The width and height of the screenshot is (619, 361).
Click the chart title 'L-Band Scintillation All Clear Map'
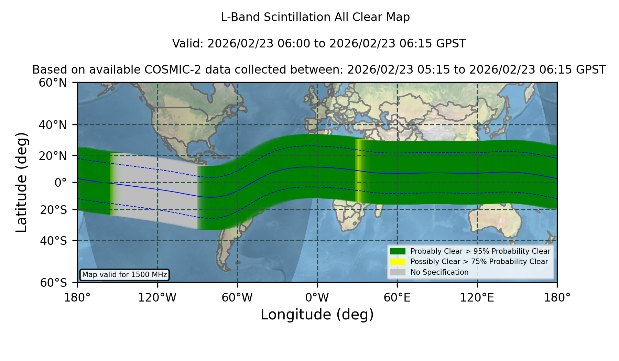coord(315,17)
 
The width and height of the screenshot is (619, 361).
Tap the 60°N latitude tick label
coord(53,83)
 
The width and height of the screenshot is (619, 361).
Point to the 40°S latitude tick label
coord(53,241)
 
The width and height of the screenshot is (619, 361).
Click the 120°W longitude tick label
coord(157,297)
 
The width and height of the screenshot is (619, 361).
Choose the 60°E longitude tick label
coord(397,297)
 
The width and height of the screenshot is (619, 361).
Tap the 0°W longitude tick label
coord(317,297)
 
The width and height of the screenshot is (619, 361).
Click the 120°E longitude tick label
coord(477,297)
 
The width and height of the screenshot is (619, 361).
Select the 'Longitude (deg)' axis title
coord(317,315)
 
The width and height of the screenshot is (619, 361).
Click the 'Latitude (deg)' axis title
coord(21,182)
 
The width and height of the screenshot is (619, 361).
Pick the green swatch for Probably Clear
coord(398,251)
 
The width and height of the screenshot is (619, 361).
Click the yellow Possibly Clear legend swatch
coord(398,262)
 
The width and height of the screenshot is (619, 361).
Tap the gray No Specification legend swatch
coord(398,272)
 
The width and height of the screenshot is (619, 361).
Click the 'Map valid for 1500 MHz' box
coord(124,275)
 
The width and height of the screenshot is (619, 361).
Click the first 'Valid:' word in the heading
coord(188,44)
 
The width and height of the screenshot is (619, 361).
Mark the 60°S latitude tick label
coord(53,283)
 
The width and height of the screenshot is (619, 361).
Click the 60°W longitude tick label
coord(237,297)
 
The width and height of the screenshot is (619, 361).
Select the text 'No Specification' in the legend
coord(439,272)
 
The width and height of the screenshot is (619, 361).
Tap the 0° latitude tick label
coord(61,183)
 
